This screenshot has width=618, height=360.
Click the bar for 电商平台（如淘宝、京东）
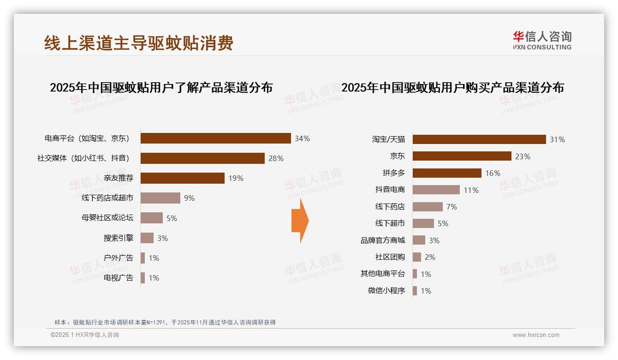215,138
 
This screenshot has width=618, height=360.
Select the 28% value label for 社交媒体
276,158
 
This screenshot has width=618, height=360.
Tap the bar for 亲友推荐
182,178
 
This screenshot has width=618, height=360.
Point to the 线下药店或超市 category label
107,198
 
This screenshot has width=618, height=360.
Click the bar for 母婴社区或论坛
151,218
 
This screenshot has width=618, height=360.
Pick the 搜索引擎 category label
119,238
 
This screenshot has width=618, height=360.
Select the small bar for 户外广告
143,258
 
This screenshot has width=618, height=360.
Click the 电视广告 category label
119,278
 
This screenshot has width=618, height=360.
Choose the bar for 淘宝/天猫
479,139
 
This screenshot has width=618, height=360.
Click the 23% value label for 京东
523,156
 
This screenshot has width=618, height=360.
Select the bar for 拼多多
447,173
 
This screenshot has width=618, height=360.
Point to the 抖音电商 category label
390,190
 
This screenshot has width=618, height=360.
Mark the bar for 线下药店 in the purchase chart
428,207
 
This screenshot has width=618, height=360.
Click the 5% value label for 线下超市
443,223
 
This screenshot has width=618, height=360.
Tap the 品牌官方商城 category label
383,240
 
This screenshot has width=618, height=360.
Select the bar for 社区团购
416,257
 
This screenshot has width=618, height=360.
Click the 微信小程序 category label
386,291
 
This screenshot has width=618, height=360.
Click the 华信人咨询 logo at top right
542,40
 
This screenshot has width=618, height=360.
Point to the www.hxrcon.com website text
536,335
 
